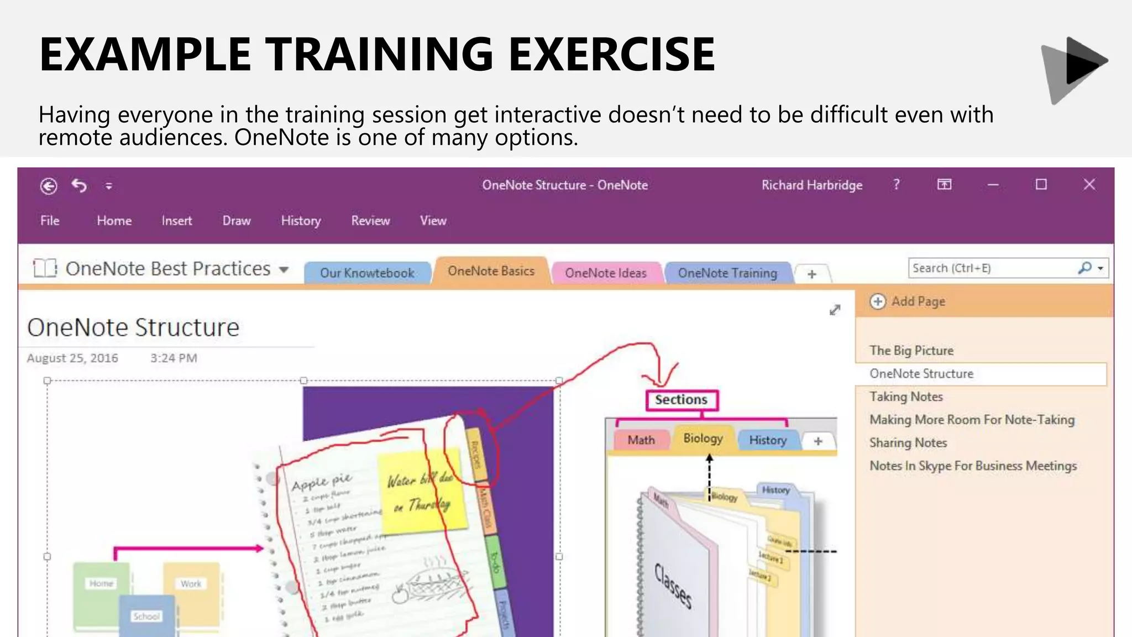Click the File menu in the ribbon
tap(50, 221)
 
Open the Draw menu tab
tap(237, 221)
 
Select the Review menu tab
tap(370, 221)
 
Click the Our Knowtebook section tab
tap(367, 273)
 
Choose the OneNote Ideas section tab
tap(606, 273)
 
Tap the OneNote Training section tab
tap(727, 273)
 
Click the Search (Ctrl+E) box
tap(989, 268)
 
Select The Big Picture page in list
tap(911, 351)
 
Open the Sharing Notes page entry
tap(908, 443)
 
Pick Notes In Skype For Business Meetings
tap(973, 466)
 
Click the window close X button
tap(1089, 185)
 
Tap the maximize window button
tap(1041, 185)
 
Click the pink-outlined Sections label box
tap(682, 400)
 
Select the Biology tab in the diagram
tap(703, 438)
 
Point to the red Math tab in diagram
tap(641, 440)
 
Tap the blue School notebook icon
tap(146, 615)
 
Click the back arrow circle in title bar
tap(49, 186)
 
